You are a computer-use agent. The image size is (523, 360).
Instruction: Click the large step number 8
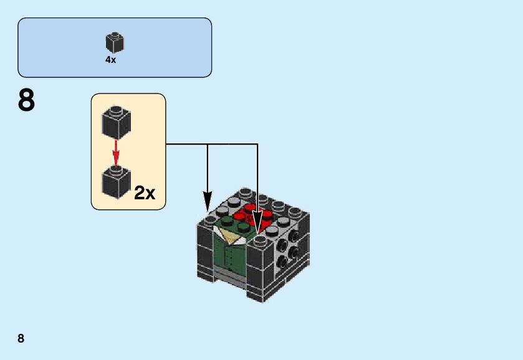26,101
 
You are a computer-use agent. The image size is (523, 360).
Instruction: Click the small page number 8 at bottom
21,339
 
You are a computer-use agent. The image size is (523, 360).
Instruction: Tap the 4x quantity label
111,60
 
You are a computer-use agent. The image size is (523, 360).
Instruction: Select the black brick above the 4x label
114,42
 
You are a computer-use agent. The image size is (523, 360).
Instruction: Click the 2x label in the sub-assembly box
145,194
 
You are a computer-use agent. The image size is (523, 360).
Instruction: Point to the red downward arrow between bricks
115,153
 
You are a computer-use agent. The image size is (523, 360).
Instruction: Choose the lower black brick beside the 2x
115,182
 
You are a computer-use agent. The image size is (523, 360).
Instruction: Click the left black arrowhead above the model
208,201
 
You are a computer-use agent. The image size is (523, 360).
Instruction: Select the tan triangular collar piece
227,235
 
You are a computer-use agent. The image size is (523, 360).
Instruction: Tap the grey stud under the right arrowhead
261,239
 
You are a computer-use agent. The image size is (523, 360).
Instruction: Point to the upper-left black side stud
279,239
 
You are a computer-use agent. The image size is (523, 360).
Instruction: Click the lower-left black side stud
281,262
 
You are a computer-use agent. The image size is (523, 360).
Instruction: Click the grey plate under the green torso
230,277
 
